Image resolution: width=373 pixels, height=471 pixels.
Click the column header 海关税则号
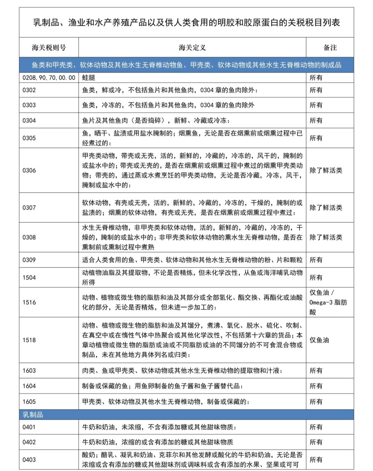(49, 48)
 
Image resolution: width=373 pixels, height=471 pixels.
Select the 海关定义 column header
(192, 48)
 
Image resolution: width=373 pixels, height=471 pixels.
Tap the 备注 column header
(330, 48)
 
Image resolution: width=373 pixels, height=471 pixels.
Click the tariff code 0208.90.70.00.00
(49, 78)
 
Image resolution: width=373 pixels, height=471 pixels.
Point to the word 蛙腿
(88, 78)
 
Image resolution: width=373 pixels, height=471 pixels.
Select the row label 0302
(29, 90)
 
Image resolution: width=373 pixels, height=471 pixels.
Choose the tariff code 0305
(29, 138)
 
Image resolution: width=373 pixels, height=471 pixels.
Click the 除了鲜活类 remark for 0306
(326, 170)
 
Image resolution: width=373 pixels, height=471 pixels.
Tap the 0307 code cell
(29, 208)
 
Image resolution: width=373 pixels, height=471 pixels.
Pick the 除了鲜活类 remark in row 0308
(326, 237)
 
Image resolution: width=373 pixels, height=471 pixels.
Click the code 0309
(29, 260)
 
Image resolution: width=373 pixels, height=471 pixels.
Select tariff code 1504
(29, 277)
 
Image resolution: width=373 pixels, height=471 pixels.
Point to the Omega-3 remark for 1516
(328, 303)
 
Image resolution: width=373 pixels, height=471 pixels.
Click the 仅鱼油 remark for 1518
(319, 340)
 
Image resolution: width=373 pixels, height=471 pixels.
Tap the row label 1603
(29, 371)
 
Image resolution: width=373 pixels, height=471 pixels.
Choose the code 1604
(29, 386)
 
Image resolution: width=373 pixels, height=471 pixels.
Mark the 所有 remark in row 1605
(316, 402)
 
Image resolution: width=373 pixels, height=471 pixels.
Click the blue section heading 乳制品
(33, 415)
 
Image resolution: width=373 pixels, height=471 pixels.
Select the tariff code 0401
(29, 427)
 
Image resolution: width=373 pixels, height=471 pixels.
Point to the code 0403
(29, 460)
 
